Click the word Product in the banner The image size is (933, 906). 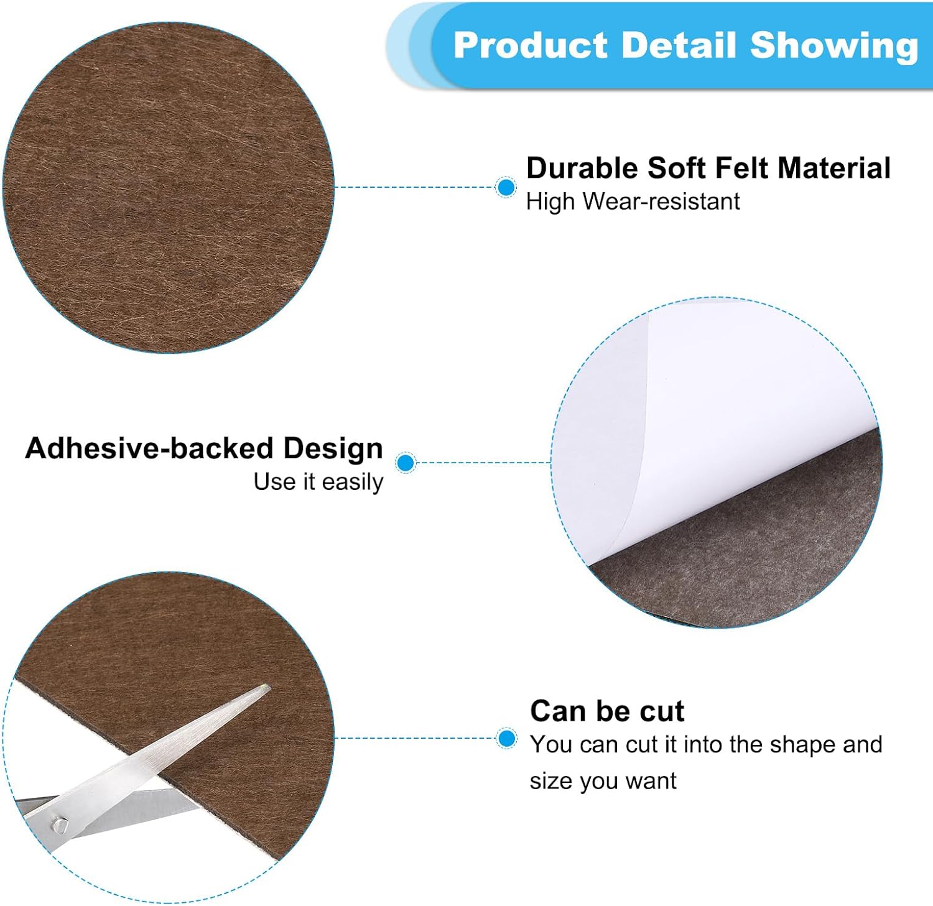(531, 46)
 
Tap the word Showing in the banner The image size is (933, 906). (834, 46)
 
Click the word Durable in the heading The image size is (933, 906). (582, 169)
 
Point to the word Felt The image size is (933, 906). (741, 169)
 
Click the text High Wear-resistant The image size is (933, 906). (633, 201)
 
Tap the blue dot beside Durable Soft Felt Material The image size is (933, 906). (506, 187)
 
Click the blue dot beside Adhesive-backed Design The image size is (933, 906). (406, 463)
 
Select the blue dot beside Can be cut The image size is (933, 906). (507, 739)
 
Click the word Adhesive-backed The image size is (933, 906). (149, 449)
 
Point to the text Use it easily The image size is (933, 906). (318, 482)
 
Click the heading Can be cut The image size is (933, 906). (607, 711)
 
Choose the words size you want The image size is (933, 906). (603, 780)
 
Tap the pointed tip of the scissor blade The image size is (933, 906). (266, 688)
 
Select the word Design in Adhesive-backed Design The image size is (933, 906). (333, 449)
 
